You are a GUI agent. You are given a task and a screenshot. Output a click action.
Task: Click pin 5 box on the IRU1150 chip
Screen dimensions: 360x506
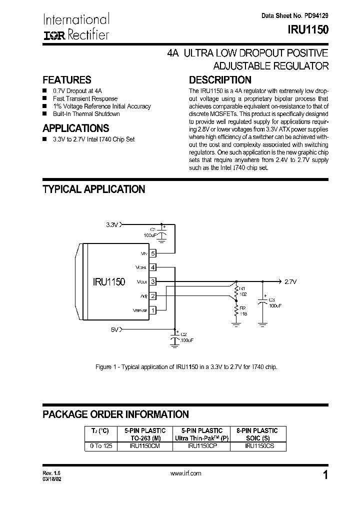click(x=153, y=253)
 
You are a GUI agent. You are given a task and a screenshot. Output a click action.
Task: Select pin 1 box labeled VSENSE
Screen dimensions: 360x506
click(x=153, y=310)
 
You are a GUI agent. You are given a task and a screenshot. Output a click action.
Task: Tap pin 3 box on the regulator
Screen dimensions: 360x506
click(x=153, y=281)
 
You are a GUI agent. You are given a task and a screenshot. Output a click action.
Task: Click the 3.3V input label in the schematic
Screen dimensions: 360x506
click(x=111, y=225)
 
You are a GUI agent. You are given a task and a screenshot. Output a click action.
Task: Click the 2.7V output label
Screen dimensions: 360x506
click(x=290, y=282)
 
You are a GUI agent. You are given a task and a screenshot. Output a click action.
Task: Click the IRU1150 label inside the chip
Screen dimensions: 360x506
click(x=108, y=282)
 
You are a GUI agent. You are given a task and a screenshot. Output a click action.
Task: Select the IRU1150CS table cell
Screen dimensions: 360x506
click(x=258, y=445)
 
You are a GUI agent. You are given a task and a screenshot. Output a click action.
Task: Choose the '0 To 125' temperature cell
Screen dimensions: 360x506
click(x=100, y=445)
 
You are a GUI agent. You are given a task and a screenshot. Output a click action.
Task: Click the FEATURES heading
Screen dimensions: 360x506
click(x=67, y=80)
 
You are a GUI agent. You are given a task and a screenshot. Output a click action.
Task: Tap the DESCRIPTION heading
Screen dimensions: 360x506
click(x=219, y=80)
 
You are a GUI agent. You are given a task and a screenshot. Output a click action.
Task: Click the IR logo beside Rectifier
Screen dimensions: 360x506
click(x=51, y=35)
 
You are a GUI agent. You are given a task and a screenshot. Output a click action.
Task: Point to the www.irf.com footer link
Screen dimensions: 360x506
click(x=185, y=473)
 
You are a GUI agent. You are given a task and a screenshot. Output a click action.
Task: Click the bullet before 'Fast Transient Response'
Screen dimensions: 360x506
click(x=45, y=99)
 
